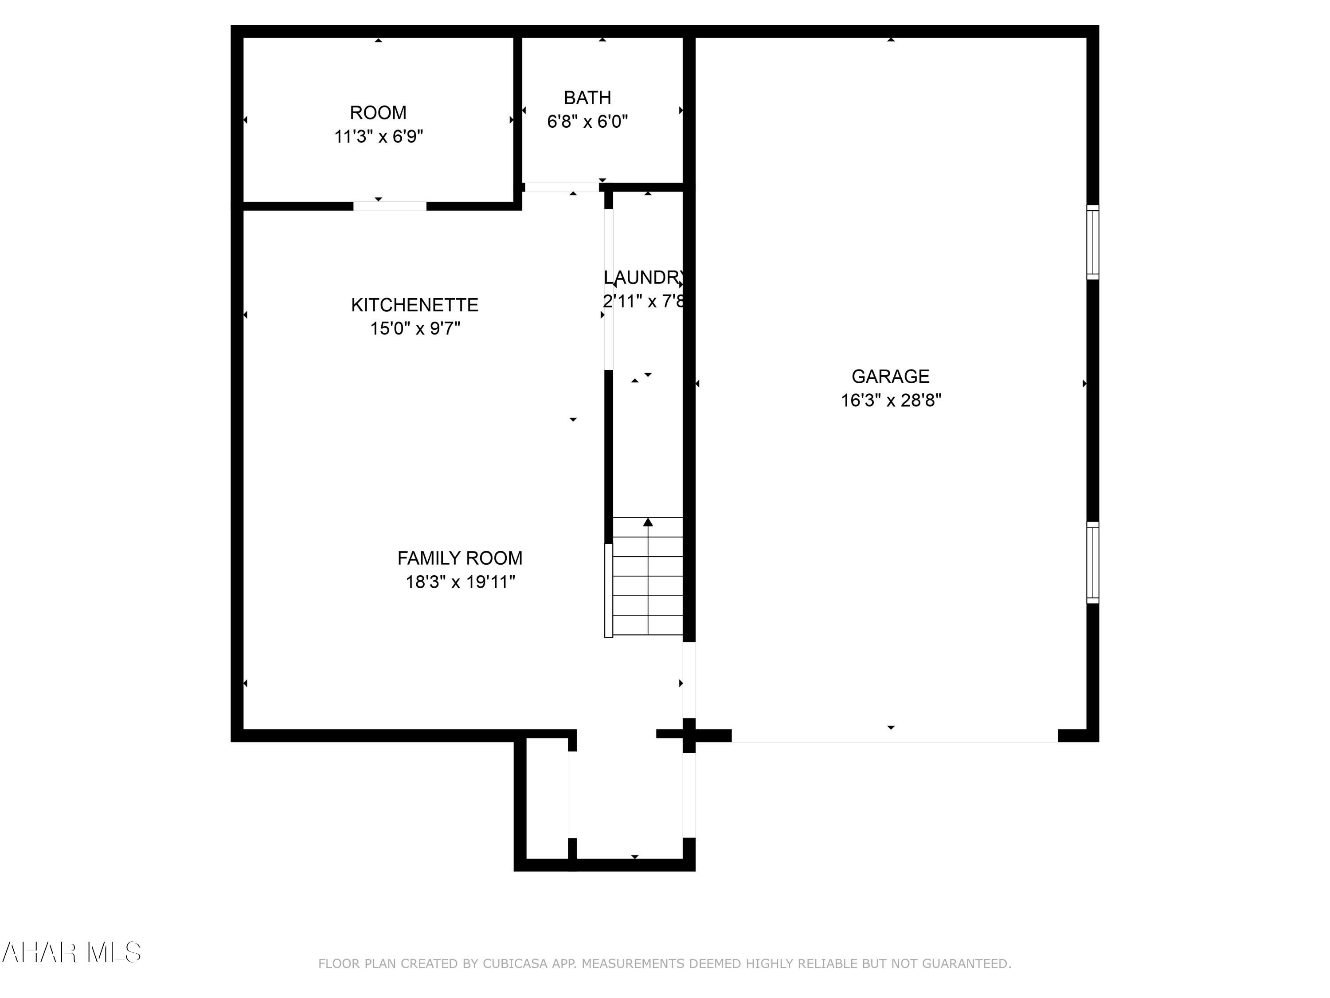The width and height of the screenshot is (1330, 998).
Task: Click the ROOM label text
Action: pos(378,113)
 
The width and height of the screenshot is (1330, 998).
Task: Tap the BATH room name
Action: pos(587,98)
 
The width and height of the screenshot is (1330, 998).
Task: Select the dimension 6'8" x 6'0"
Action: pos(587,122)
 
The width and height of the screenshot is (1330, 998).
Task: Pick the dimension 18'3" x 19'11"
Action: pos(460,582)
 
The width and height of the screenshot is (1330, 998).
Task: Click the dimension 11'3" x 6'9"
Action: pos(378,137)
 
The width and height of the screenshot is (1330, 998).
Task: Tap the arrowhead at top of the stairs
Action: pos(648,522)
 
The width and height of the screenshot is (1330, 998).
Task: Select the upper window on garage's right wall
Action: pos(1092,242)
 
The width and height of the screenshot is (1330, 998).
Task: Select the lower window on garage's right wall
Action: pos(1092,562)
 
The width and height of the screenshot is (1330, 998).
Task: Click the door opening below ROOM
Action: pos(390,206)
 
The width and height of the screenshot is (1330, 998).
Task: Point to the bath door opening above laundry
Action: pos(562,188)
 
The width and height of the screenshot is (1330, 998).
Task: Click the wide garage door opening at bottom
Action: pos(894,736)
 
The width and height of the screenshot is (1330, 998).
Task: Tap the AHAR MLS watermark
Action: pos(71,952)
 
